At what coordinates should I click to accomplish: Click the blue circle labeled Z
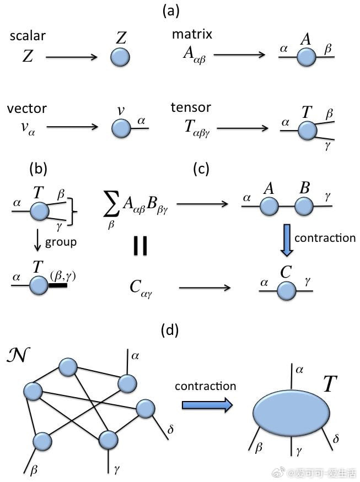click(x=120, y=57)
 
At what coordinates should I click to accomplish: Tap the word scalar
click(x=28, y=36)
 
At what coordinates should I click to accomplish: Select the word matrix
click(x=192, y=35)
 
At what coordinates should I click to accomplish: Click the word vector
click(x=27, y=108)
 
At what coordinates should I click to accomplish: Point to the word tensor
click(x=191, y=107)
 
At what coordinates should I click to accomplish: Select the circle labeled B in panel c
click(x=304, y=207)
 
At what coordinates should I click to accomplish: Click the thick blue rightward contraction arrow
click(x=207, y=405)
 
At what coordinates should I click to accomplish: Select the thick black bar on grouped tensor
click(x=59, y=286)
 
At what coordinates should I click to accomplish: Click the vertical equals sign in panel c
click(x=140, y=246)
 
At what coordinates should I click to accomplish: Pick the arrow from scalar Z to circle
click(x=71, y=57)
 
